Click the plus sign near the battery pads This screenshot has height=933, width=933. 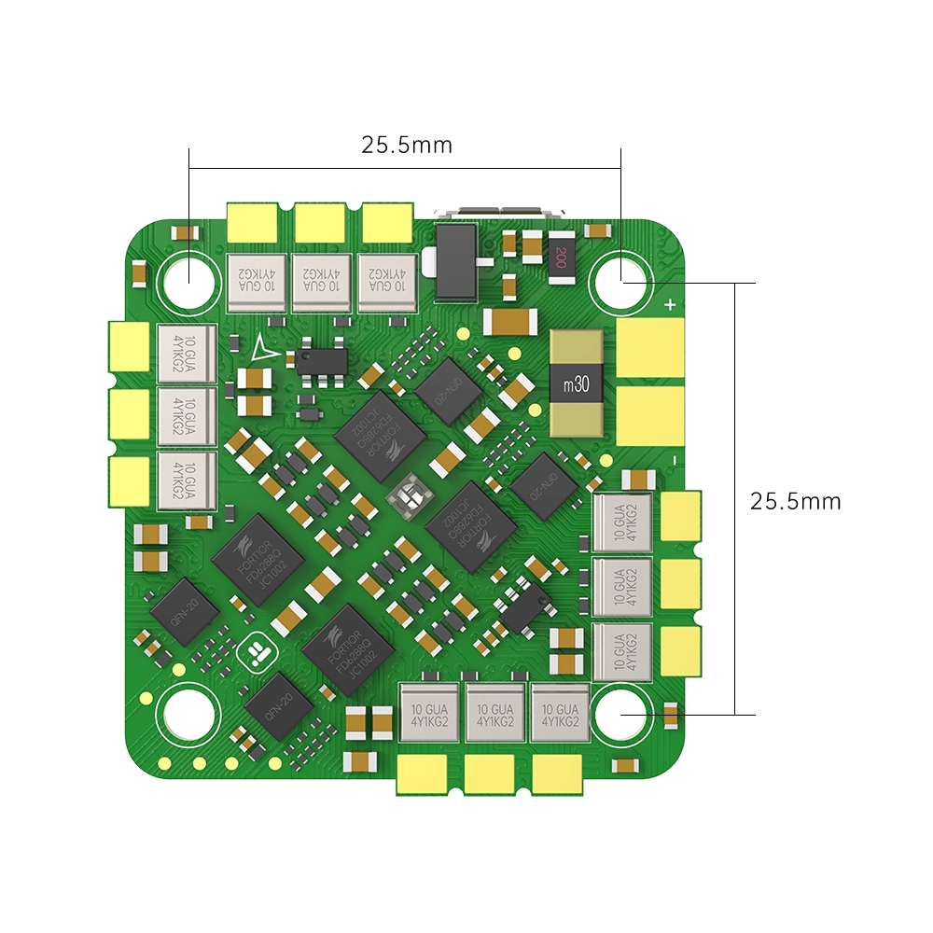click(669, 304)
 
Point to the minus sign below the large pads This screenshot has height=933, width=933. click(673, 460)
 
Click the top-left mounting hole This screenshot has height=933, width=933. click(189, 277)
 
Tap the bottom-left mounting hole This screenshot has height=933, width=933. click(189, 714)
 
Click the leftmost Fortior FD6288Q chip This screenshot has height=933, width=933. click(258, 559)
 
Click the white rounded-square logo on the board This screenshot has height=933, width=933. click(255, 654)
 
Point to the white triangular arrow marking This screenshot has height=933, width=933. click(263, 347)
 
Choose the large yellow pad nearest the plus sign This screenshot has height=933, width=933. click(650, 348)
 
